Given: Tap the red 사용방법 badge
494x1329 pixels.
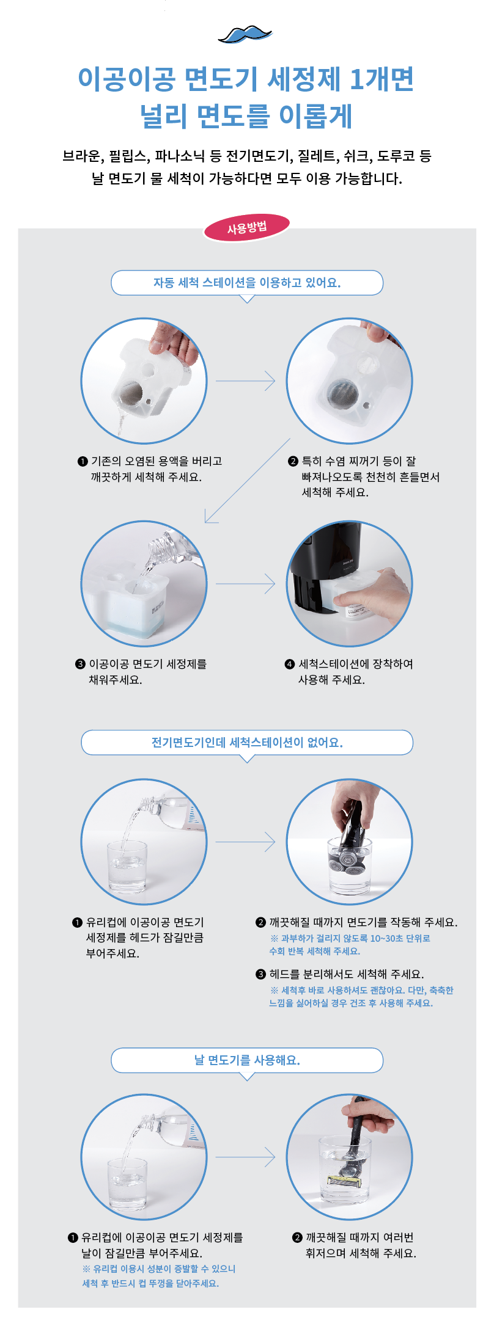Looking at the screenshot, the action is [x=247, y=228].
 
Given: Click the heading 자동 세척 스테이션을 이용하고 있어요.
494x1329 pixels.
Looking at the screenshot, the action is [x=247, y=283].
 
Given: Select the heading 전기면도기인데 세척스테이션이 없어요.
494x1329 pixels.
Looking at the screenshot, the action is [x=247, y=743].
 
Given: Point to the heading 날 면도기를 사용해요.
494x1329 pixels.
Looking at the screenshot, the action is [x=247, y=1060].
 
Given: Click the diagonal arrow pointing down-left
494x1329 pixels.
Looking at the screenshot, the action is [x=247, y=481].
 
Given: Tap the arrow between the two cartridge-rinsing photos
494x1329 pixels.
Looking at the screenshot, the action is [x=246, y=381].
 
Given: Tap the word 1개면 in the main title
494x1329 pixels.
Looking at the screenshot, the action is [x=382, y=79].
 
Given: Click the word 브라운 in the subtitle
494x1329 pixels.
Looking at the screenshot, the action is [x=82, y=156].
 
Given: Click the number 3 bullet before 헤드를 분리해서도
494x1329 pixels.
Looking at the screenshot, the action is [x=261, y=974].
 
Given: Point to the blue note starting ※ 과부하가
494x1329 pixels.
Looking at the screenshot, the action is [x=350, y=945].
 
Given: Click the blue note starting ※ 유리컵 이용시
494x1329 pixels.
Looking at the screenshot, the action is [x=159, y=1276].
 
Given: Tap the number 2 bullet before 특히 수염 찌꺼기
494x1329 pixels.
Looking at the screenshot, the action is [x=293, y=461].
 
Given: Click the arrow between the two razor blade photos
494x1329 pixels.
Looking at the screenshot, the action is [x=246, y=1157].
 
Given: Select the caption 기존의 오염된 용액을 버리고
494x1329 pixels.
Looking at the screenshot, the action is [x=157, y=461].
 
